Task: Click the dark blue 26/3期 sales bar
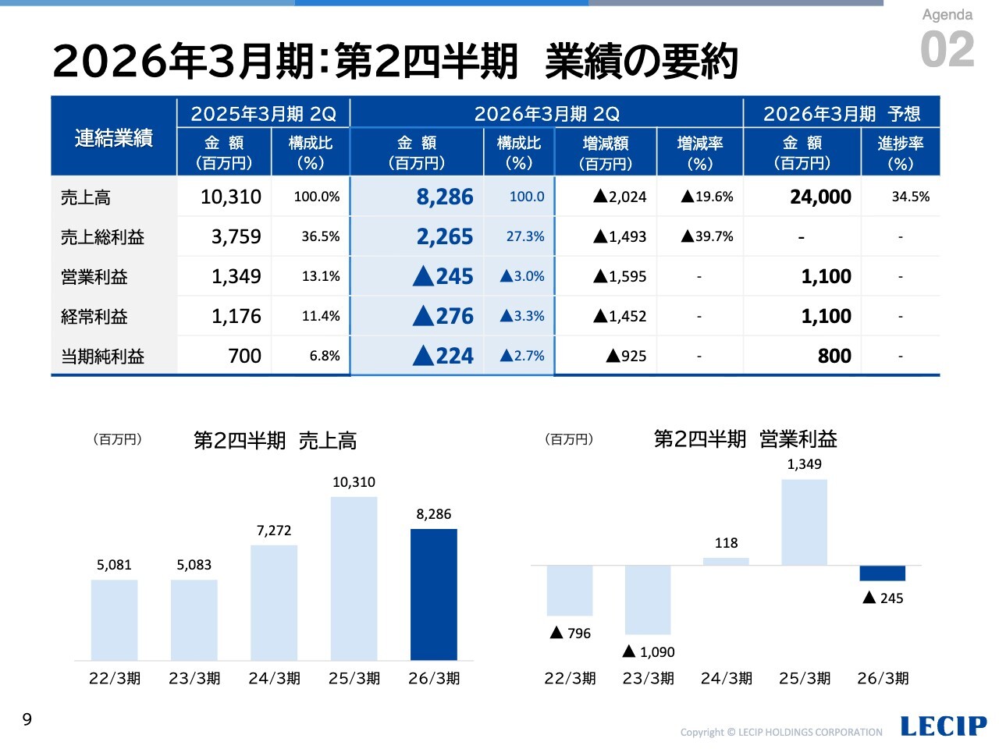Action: click(433, 595)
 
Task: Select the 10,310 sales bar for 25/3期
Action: click(354, 578)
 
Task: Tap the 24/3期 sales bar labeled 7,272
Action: click(274, 602)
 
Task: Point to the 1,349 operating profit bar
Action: click(804, 522)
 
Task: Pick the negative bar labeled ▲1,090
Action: click(648, 599)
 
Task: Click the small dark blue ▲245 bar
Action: click(882, 573)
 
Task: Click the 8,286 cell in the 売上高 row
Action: click(444, 197)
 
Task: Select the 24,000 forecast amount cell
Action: click(819, 197)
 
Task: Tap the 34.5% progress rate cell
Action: click(910, 197)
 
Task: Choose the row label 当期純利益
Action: click(102, 357)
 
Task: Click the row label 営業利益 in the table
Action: click(94, 277)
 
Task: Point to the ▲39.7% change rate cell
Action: click(707, 237)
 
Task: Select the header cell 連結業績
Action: click(114, 138)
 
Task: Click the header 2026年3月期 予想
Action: click(841, 114)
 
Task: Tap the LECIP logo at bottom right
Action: click(943, 726)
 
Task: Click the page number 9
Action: click(27, 719)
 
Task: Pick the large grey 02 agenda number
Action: click(947, 50)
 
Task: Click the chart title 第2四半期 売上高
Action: click(275, 441)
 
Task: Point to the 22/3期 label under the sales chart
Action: click(115, 678)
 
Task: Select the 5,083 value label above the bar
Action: click(194, 565)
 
